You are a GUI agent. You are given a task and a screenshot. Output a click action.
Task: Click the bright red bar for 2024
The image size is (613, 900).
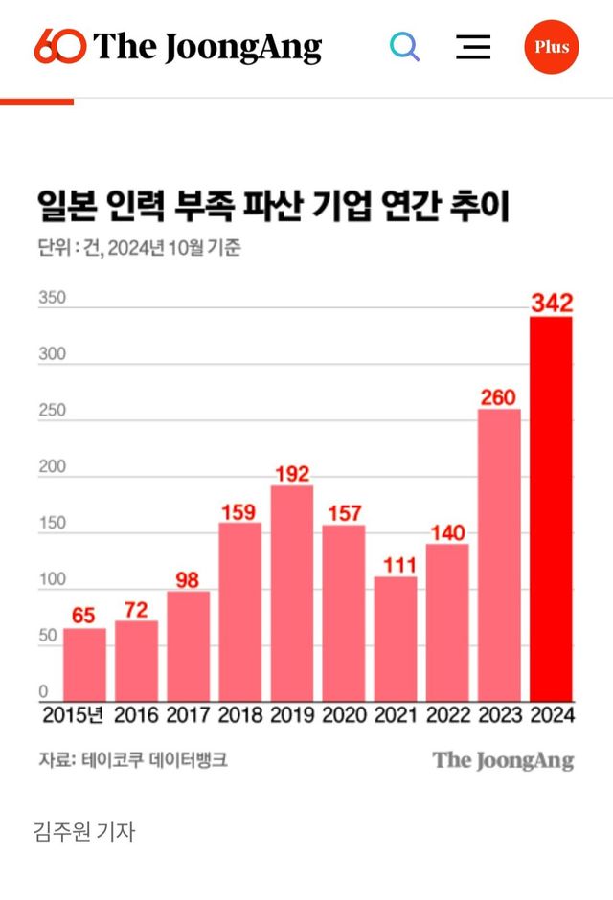tap(551, 508)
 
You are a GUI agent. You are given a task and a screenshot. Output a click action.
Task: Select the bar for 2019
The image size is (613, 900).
tap(292, 593)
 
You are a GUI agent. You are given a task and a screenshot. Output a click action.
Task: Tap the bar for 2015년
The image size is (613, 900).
tap(85, 664)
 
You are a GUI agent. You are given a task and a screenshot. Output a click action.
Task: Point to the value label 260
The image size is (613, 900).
tap(498, 396)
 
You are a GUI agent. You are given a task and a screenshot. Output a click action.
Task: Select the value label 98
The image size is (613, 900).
tap(189, 578)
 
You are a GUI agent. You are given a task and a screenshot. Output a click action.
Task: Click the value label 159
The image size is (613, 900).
tap(240, 510)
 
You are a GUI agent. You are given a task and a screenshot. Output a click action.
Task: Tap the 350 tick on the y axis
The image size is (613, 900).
tap(52, 298)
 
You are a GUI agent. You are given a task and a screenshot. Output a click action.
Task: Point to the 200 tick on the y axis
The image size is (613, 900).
tap(52, 467)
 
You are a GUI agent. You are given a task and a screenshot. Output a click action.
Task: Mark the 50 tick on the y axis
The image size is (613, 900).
tap(49, 637)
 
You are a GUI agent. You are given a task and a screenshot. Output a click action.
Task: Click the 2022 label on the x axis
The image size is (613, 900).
tap(447, 715)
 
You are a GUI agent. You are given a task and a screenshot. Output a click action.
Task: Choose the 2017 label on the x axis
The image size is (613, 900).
tap(189, 715)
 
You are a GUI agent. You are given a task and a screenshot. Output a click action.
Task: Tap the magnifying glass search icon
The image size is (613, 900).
tap(405, 47)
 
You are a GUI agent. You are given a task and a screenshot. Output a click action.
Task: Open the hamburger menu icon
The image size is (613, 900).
tap(473, 47)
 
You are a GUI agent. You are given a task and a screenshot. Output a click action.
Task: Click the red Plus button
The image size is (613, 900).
tap(552, 47)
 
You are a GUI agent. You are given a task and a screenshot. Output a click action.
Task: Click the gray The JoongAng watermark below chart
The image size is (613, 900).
tap(503, 761)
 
